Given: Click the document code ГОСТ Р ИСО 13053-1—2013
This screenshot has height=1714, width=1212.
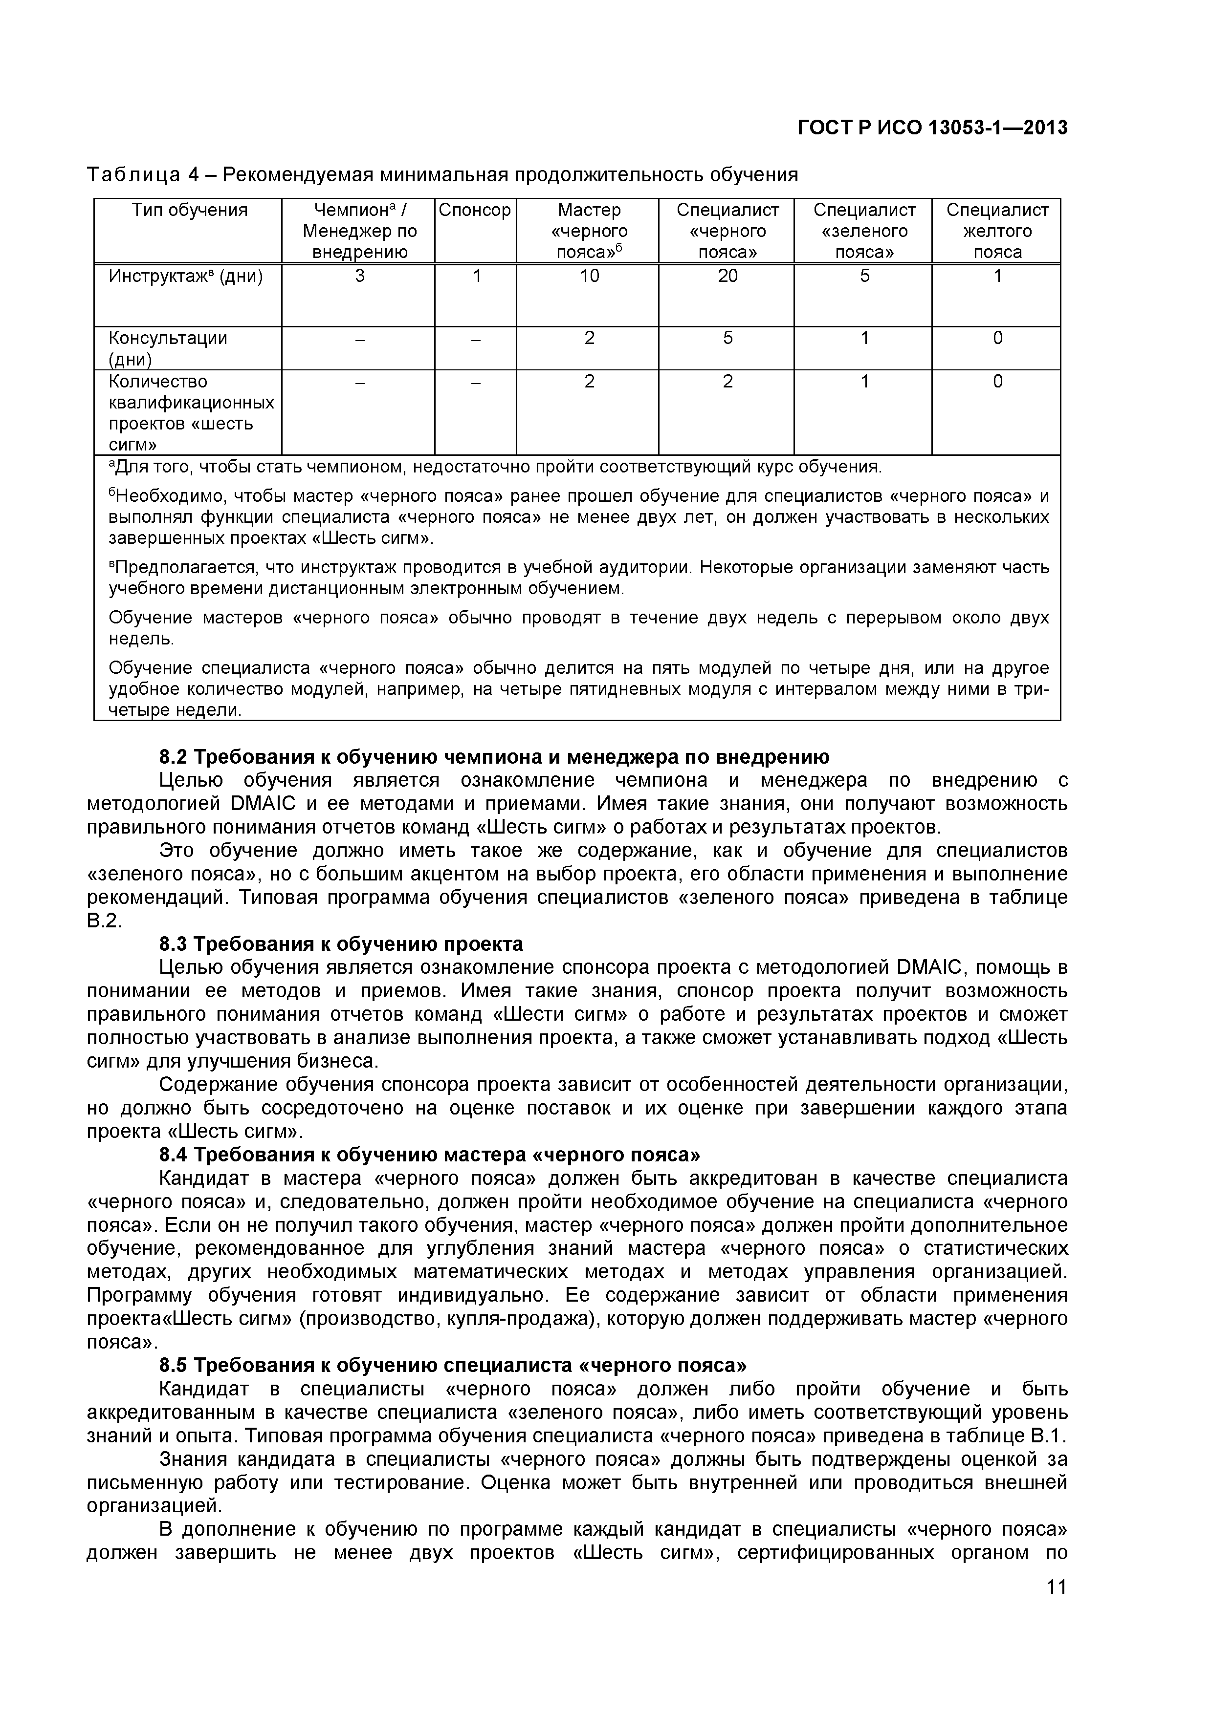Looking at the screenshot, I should [933, 128].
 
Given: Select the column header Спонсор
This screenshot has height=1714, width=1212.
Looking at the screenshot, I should [475, 211].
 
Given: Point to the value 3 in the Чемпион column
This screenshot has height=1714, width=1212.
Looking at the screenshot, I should [359, 276].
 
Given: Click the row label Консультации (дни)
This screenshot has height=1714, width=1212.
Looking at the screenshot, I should [168, 349].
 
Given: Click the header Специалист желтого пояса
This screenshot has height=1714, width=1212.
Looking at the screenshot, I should [997, 231].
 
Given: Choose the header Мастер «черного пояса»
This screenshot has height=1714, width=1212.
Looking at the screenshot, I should [589, 231].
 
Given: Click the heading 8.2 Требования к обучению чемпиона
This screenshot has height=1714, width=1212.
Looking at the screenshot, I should [494, 757].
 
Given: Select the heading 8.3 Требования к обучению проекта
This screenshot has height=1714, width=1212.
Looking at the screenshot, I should [341, 944].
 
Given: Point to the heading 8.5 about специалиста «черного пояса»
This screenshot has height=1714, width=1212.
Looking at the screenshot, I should [453, 1365].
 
